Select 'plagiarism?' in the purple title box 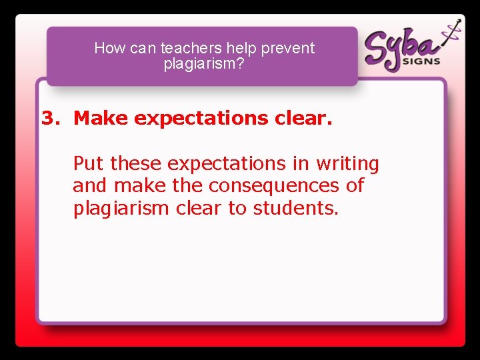tap(204, 64)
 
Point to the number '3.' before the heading tap(51, 118)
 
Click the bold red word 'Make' tap(101, 118)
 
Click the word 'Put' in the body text tap(89, 163)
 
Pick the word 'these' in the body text tap(137, 163)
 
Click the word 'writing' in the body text tap(347, 164)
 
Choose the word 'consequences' tap(275, 185)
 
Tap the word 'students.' tap(296, 208)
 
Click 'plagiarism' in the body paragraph tap(121, 209)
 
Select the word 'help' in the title tap(243, 48)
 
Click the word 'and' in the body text tap(91, 185)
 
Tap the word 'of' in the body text tap(355, 185)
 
